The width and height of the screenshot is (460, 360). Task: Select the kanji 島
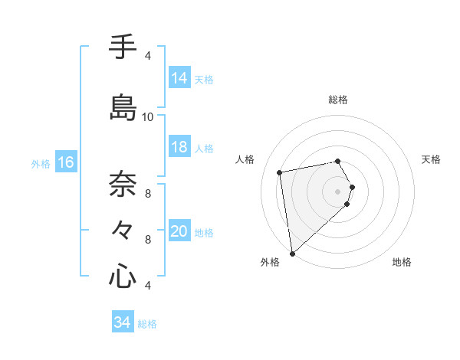(123, 106)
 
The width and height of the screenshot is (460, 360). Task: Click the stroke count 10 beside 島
(148, 117)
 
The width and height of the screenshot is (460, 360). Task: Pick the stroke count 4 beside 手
(148, 56)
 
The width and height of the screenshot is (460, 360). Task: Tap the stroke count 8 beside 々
(148, 240)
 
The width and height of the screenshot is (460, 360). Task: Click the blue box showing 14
(179, 77)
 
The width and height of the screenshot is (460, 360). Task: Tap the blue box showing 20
(179, 231)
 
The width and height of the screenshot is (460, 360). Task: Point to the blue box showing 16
(66, 162)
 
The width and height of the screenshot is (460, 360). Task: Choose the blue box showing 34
(123, 322)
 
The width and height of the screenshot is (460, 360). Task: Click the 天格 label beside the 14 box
(204, 79)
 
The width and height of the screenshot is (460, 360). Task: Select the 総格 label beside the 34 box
(147, 324)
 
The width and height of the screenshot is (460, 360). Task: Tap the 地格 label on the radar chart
(402, 263)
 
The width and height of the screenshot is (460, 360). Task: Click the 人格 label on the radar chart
(245, 159)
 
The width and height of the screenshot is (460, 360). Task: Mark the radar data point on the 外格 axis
(291, 253)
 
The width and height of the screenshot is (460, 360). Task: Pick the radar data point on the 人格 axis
(280, 172)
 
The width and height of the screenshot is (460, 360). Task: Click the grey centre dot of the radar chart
(338, 191)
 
